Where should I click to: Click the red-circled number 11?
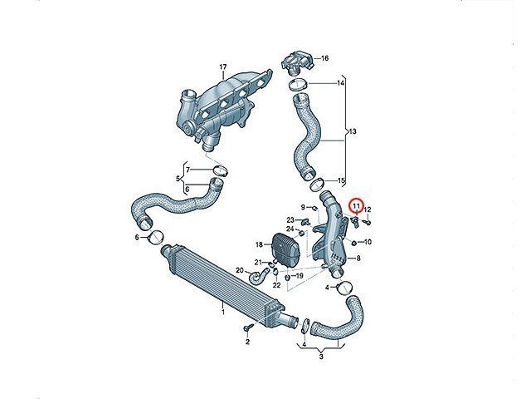tap(356, 205)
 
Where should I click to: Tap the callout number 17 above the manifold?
tap(223, 67)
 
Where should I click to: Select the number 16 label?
tap(324, 58)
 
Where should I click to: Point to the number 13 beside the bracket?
tap(353, 131)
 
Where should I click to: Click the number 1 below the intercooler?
tap(223, 312)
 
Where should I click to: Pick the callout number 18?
tap(259, 244)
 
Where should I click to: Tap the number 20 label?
tap(240, 270)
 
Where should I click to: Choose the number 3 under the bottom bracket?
tap(321, 357)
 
